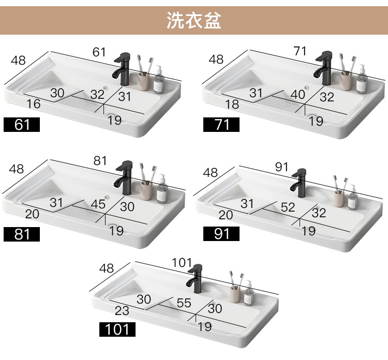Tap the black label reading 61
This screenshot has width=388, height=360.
point(22,125)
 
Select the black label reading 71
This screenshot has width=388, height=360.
point(221,125)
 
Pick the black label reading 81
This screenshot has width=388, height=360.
point(22,234)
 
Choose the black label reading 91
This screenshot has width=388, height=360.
point(221,234)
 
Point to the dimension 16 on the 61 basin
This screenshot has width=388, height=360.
point(34,104)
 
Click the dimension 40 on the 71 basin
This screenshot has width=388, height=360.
point(297,95)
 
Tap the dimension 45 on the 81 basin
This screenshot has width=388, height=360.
point(98,204)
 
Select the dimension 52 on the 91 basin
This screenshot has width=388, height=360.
point(288,207)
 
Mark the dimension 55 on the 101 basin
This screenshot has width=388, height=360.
point(184,303)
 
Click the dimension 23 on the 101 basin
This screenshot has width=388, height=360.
point(122,311)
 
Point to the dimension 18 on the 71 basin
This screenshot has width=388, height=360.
point(233,104)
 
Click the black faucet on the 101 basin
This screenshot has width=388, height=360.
point(195,279)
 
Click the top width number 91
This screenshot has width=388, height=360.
point(281,167)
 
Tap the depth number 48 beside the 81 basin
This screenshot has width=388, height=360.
point(17,169)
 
